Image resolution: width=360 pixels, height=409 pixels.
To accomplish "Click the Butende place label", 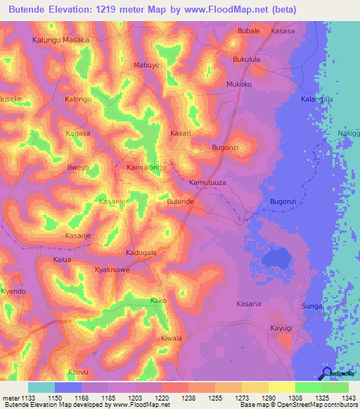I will (x=180, y=202).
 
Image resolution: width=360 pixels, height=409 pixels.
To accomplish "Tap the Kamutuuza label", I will (x=207, y=182).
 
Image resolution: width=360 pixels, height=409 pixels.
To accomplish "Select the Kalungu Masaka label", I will (x=61, y=40).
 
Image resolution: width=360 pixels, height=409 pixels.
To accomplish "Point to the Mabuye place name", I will (x=147, y=65).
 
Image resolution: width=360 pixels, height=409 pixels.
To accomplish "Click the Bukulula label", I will (x=247, y=60).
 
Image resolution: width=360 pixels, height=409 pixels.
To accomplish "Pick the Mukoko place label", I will (x=239, y=84).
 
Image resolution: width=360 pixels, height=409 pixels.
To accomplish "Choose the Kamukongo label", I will (x=146, y=168).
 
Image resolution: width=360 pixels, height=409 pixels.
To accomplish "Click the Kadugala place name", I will (x=141, y=252).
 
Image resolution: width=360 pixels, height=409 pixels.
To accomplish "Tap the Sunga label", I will (x=312, y=307).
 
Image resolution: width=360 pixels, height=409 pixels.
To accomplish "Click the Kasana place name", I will (x=248, y=304).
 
